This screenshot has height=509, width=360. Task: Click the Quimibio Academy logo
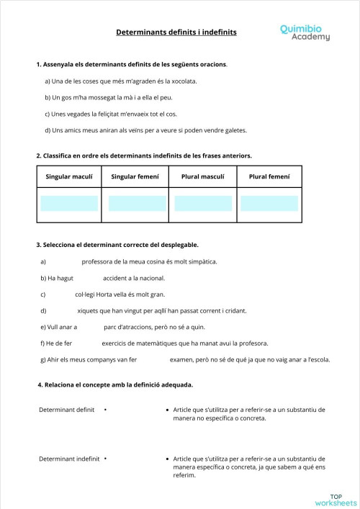click(x=305, y=32)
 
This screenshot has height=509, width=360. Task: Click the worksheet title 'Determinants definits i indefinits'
click(x=176, y=32)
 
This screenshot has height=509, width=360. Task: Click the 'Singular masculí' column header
click(x=70, y=176)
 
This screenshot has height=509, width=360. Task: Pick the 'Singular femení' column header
click(x=135, y=176)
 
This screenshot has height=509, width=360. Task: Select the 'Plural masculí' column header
click(x=202, y=176)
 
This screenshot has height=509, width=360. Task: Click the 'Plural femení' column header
click(x=269, y=176)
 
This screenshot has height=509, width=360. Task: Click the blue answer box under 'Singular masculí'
click(x=70, y=203)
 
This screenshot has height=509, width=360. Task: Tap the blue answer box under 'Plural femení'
click(x=269, y=203)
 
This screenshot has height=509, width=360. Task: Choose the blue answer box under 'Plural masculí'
click(x=202, y=203)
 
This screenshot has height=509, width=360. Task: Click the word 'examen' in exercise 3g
click(x=183, y=359)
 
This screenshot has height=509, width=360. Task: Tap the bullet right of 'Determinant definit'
click(x=105, y=410)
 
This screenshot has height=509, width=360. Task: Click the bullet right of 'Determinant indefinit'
click(x=105, y=458)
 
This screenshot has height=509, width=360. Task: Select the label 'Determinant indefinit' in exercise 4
click(x=69, y=458)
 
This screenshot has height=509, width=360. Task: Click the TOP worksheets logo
click(x=336, y=499)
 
